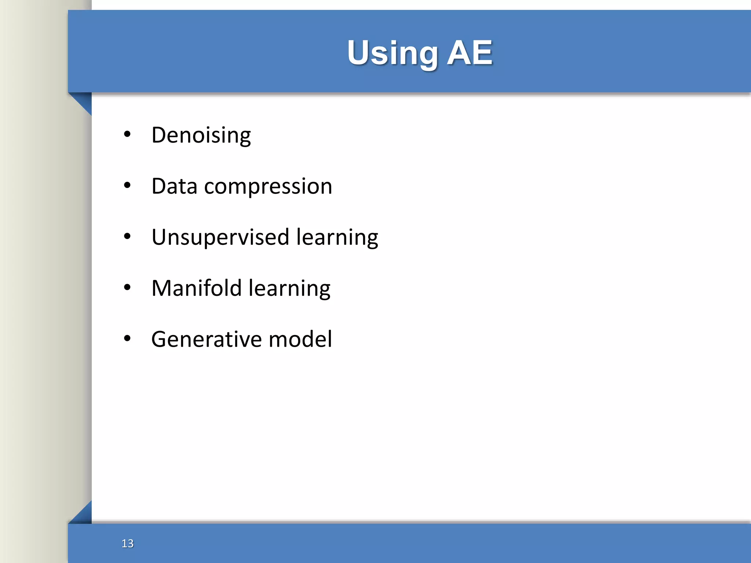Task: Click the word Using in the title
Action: coord(392,54)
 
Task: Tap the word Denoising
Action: coord(201,135)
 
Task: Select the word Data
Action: coord(174,186)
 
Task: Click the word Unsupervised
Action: coord(220,237)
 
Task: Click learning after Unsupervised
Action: coord(337,238)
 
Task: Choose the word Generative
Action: coord(206,339)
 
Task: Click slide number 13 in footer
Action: coord(127,543)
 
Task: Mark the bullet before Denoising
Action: coord(127,135)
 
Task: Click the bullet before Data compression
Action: coord(127,185)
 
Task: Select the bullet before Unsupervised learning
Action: coord(127,236)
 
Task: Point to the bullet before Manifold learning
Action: coord(127,287)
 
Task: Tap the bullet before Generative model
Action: coord(127,338)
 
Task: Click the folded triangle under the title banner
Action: coord(84,102)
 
